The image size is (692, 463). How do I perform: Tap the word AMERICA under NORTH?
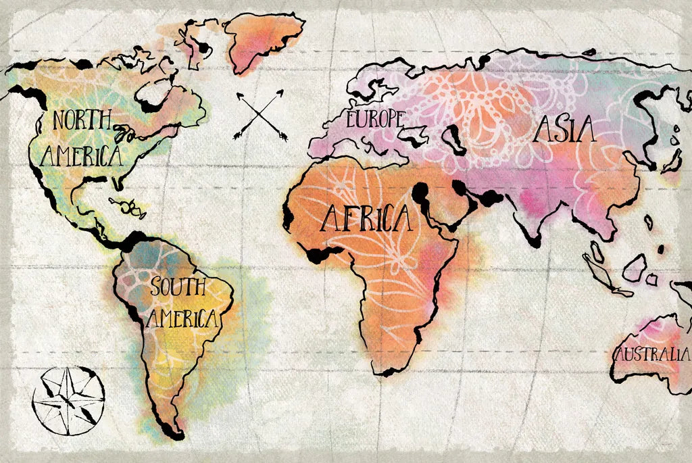tap(81, 157)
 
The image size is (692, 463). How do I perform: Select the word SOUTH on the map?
tap(177, 287)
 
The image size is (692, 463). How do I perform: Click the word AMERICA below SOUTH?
tap(182, 318)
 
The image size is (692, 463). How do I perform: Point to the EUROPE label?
tap(375, 120)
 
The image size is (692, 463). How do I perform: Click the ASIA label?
tap(564, 129)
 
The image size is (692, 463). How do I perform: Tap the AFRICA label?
tap(366, 218)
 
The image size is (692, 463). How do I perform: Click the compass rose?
tap(68, 400)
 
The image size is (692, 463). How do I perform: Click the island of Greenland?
tap(260, 41)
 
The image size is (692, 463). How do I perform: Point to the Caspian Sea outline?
tap(455, 140)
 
